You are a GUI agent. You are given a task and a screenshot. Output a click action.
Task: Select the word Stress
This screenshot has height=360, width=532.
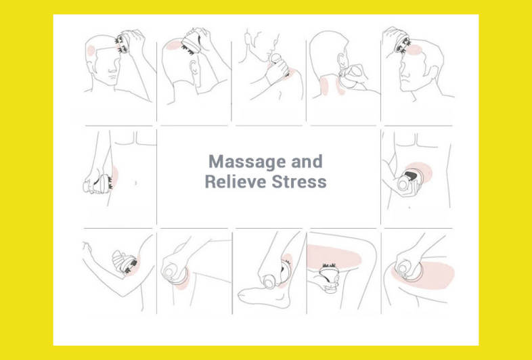pyautogui.click(x=299, y=181)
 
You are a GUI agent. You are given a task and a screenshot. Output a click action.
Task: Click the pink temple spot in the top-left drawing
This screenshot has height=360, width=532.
pyautogui.click(x=91, y=51)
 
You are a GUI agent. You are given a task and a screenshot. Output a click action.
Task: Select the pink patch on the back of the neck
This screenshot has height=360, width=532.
pyautogui.click(x=324, y=85)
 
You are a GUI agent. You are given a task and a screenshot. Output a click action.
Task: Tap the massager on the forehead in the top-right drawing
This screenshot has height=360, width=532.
pyautogui.click(x=403, y=44)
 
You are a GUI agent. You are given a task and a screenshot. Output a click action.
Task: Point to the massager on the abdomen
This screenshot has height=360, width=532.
pyautogui.click(x=412, y=180)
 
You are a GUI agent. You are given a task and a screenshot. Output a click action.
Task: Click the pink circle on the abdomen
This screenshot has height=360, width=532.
pyautogui.click(x=421, y=171)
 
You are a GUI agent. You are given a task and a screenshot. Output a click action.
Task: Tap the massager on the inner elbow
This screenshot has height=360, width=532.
pyautogui.click(x=125, y=261)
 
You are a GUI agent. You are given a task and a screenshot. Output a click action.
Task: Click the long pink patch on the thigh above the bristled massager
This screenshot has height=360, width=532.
pyautogui.click(x=334, y=256)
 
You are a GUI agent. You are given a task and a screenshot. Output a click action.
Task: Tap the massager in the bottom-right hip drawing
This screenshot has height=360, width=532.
pyautogui.click(x=410, y=270)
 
